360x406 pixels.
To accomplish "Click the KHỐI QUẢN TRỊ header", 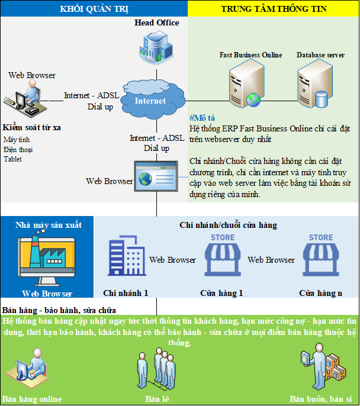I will click(94, 8).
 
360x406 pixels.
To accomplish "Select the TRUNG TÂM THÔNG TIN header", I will click(273, 8).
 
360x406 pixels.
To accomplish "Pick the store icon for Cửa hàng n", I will click(322, 255).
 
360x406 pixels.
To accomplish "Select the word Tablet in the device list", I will click(12, 159).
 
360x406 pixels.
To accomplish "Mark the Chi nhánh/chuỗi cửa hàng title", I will click(228, 225).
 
